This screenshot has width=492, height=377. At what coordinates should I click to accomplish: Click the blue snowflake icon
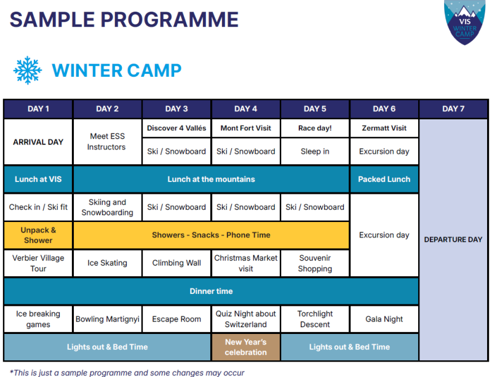coord(28,70)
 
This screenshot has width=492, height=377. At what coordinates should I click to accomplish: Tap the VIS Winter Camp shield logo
coord(464,22)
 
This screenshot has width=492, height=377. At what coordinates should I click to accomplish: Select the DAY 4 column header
coord(245,109)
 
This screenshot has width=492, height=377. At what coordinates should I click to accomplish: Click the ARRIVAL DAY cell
coord(38,142)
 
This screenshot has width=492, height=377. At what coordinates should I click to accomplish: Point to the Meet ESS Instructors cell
coord(107,142)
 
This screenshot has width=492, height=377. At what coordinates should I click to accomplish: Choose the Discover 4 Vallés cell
coord(177,128)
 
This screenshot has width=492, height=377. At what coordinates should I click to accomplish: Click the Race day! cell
coord(315,128)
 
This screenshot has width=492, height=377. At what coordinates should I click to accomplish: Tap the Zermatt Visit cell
coord(384,128)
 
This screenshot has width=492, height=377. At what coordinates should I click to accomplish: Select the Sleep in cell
coord(315,151)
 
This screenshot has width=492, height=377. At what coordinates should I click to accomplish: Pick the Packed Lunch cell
coord(384,179)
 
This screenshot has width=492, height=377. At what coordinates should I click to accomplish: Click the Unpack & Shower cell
coord(38,235)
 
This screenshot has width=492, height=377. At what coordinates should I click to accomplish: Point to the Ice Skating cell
coord(107,263)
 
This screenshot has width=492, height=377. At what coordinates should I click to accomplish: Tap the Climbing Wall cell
coord(177,263)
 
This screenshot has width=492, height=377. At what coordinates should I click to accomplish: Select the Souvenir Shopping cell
coord(315,263)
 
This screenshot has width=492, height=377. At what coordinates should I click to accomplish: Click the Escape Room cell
coord(177,319)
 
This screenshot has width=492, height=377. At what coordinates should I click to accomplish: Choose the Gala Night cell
coord(384,319)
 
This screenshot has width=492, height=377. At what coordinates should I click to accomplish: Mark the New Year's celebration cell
coord(245,347)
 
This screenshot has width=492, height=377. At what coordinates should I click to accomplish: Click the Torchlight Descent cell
coord(315,319)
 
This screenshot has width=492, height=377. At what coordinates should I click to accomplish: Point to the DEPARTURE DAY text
coord(453,239)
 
